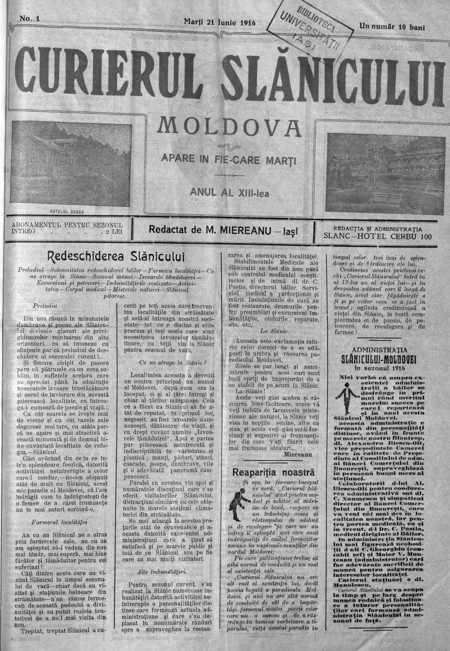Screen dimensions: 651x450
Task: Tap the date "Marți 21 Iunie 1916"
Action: pyautogui.click(x=220, y=21)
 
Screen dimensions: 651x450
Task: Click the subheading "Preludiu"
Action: pyautogui.click(x=44, y=306)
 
